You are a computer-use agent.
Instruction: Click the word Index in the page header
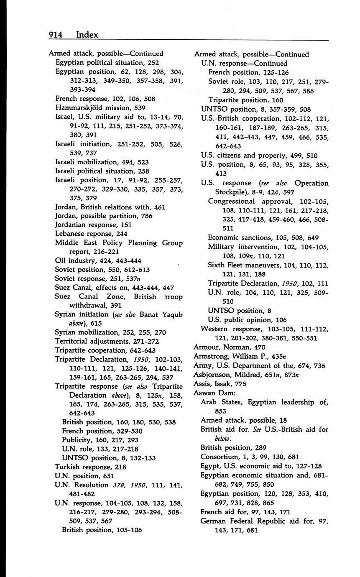87,35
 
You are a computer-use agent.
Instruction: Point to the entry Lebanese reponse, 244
91,234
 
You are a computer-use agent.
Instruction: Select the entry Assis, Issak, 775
220,384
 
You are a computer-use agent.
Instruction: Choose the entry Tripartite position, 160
245,100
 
